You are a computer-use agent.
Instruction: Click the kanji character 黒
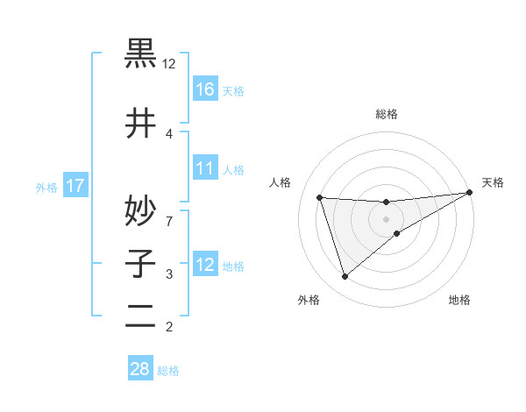click(x=140, y=53)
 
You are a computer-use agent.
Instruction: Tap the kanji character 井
click(x=140, y=123)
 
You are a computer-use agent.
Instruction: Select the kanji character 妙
click(x=140, y=209)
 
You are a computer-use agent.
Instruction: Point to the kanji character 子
click(x=140, y=263)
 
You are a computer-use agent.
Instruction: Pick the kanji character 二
click(x=140, y=316)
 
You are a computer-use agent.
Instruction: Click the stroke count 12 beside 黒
click(x=169, y=64)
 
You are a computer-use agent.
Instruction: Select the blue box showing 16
click(x=205, y=89)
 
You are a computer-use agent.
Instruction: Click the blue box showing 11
click(x=205, y=167)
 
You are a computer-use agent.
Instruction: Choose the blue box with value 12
click(x=205, y=264)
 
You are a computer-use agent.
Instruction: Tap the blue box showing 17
click(x=75, y=186)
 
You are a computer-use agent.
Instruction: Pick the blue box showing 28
click(x=140, y=369)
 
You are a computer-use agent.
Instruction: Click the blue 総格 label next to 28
click(x=168, y=371)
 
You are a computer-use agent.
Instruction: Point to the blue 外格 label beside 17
click(x=46, y=187)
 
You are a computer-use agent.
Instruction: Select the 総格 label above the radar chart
click(x=387, y=114)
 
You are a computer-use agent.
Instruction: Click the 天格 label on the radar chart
click(x=493, y=182)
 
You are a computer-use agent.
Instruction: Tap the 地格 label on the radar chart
click(x=459, y=300)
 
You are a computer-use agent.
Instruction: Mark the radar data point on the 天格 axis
click(x=471, y=192)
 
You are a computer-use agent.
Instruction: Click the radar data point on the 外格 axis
click(x=345, y=277)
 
